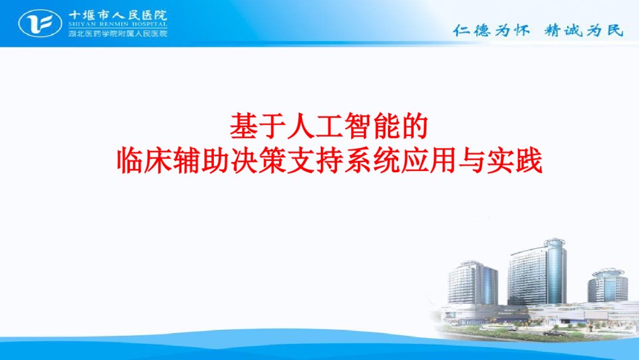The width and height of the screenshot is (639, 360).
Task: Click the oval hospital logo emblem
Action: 40,24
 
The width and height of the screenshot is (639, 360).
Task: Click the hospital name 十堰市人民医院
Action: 118,15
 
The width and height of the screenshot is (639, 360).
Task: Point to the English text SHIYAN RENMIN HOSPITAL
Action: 118,24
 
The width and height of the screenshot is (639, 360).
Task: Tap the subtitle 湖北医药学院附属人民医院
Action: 118,33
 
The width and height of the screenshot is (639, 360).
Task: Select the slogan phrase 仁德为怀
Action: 492,30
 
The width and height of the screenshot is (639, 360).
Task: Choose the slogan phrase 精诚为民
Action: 584,30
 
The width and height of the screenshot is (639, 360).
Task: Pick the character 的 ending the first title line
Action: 414,127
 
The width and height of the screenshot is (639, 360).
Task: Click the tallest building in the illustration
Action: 537,272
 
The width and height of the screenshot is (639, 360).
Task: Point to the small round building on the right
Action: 607,285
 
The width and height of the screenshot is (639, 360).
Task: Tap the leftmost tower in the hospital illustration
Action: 473,283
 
